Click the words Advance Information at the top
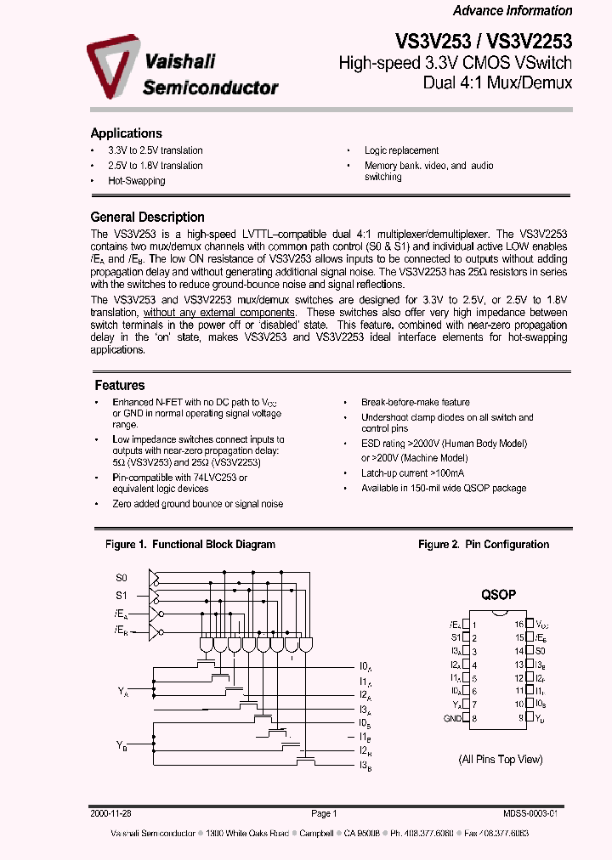(x=512, y=11)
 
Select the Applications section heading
(x=126, y=133)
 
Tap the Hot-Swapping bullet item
(x=136, y=181)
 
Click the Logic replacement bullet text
(x=401, y=150)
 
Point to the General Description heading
(x=147, y=217)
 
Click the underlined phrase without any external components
(x=219, y=313)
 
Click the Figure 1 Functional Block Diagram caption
(x=190, y=545)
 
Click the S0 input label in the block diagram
(x=122, y=578)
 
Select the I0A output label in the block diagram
(x=364, y=666)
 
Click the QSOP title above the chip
(x=499, y=596)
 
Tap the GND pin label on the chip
(x=452, y=718)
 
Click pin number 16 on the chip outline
(x=518, y=624)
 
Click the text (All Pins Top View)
(x=500, y=759)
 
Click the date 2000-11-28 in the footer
(x=108, y=813)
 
